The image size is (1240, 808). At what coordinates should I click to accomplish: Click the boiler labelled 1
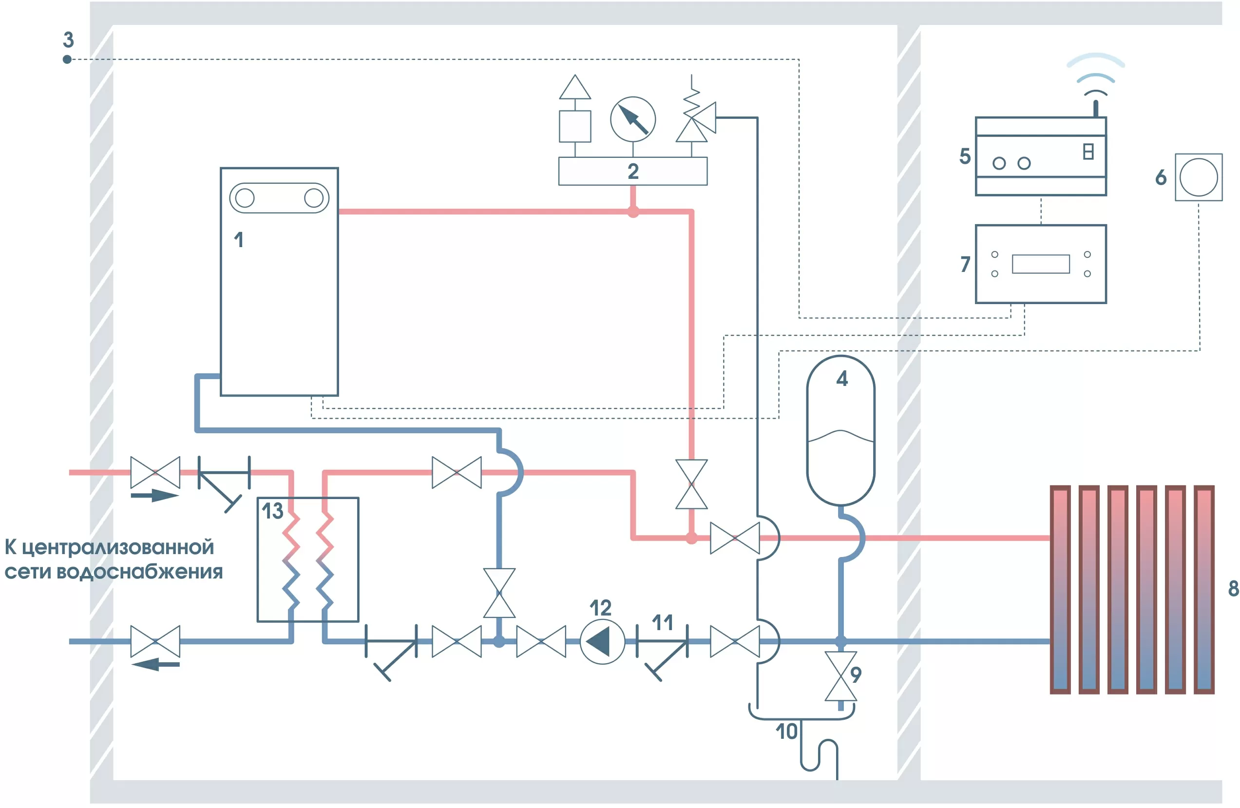(279, 292)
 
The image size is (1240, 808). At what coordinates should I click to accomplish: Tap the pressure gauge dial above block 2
(632, 119)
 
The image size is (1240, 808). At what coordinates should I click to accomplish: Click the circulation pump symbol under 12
(602, 641)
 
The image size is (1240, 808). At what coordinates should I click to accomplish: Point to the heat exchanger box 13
(308, 559)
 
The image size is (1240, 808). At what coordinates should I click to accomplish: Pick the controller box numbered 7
(1040, 264)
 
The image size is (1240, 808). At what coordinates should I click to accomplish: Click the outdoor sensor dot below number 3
(67, 59)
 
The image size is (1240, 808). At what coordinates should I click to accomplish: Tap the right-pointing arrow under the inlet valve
(155, 495)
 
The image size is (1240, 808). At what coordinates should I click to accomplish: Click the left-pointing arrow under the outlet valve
(155, 664)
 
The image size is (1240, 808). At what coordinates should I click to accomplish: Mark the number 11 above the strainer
(662, 622)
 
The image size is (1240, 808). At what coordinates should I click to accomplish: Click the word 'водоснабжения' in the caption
(139, 572)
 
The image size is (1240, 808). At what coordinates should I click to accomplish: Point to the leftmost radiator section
(1060, 590)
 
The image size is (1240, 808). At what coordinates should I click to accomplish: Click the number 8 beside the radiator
(1233, 588)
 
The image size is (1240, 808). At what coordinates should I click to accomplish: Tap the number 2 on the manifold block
(632, 172)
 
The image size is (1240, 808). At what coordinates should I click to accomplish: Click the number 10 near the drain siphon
(786, 732)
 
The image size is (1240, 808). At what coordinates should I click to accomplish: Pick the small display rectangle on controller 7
(1040, 264)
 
